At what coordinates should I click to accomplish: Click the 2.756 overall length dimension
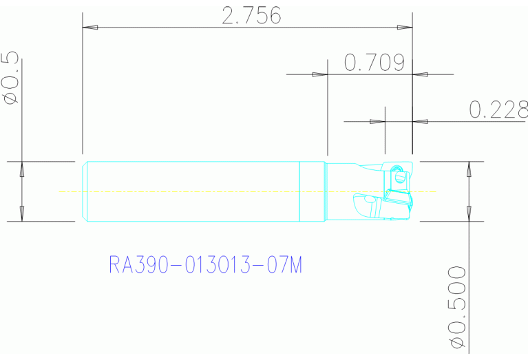(x=251, y=15)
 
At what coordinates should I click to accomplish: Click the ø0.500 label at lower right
(x=456, y=307)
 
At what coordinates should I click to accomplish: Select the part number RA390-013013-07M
(x=205, y=265)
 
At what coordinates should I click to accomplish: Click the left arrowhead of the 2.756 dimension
(x=90, y=28)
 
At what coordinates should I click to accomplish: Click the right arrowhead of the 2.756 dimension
(x=404, y=28)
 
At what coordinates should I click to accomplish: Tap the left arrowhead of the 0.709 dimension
(x=319, y=74)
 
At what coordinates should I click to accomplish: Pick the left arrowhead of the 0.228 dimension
(x=378, y=122)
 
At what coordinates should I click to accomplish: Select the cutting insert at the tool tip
(x=398, y=200)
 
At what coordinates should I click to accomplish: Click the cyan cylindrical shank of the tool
(x=193, y=191)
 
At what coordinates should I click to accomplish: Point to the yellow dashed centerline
(x=207, y=191)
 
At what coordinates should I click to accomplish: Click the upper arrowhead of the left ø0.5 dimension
(x=22, y=169)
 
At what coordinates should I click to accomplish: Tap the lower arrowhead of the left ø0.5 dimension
(x=22, y=213)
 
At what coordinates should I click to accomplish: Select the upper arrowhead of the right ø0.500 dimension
(x=469, y=169)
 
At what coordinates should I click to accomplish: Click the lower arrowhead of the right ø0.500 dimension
(x=469, y=213)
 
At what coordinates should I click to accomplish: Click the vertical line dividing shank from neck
(x=299, y=191)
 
